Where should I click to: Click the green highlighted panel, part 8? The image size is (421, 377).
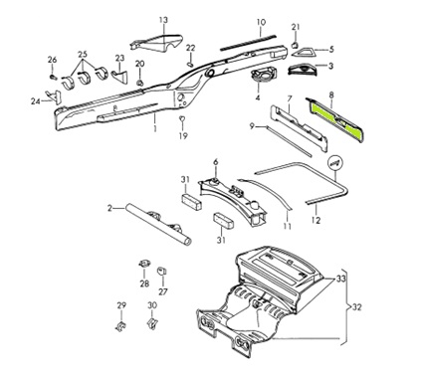click(x=335, y=118)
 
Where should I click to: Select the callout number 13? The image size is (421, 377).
click(x=163, y=20)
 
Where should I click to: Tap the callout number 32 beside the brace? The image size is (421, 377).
click(x=356, y=307)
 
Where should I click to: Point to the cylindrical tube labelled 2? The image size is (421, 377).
click(x=158, y=225)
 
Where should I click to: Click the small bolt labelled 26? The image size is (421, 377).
click(x=53, y=77)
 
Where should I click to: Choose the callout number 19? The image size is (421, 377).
click(x=183, y=135)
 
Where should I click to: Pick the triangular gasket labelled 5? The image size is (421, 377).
click(x=303, y=52)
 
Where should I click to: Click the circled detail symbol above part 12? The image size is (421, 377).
click(x=334, y=163)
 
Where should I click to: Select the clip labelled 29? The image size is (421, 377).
click(x=121, y=325)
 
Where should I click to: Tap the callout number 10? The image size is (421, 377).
click(x=261, y=23)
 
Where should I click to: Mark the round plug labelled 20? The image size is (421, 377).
click(x=140, y=83)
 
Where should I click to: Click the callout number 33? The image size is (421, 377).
click(x=340, y=279)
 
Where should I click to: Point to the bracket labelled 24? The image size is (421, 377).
click(x=54, y=96)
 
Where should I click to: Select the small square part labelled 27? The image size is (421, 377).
click(x=161, y=271)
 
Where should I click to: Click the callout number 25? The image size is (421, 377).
click(x=83, y=54)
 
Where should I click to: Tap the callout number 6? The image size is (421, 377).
click(x=216, y=162)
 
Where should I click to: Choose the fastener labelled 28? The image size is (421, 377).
click(x=144, y=264)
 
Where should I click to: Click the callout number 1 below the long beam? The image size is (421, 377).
click(x=155, y=128)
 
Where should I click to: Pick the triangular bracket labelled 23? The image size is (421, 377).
click(x=119, y=77)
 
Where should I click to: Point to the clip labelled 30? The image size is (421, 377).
click(x=151, y=322)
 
